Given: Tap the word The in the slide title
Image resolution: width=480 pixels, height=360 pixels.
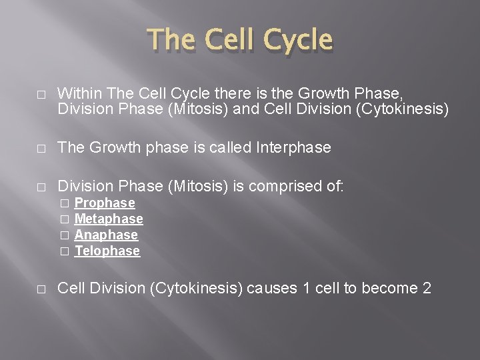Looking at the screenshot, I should click(172, 41).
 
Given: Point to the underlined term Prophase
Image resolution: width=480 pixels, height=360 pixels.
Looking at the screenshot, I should click(105, 203).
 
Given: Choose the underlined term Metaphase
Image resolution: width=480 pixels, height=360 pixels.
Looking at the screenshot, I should click(109, 219).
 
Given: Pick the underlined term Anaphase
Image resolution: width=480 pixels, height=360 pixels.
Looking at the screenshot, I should click(106, 235).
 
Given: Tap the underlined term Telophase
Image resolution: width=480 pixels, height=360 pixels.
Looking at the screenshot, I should click(107, 251).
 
